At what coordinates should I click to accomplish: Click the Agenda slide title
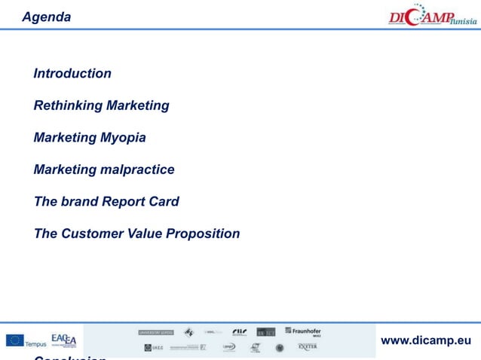(47, 17)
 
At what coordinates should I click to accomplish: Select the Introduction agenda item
(72, 73)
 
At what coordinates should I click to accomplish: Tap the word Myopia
(123, 138)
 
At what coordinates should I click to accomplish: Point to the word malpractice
(137, 169)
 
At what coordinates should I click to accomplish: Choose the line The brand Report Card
(106, 202)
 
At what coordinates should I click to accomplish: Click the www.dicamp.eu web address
(426, 340)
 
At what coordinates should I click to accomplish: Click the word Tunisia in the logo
(463, 20)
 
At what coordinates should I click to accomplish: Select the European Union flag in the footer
(14, 340)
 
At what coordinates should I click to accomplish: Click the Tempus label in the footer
(35, 344)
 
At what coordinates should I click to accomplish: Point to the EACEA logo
(63, 340)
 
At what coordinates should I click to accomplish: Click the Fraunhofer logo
(303, 331)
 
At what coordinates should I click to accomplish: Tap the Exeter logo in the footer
(308, 347)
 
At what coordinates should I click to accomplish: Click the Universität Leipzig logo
(155, 331)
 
